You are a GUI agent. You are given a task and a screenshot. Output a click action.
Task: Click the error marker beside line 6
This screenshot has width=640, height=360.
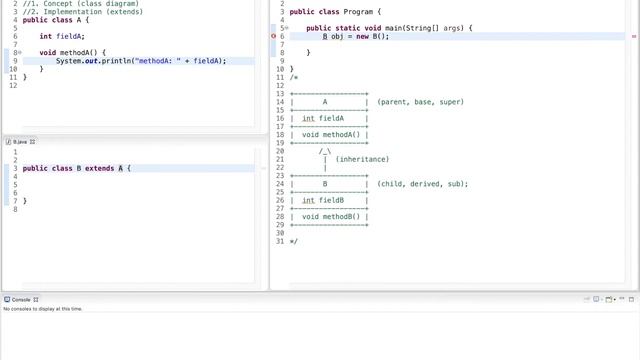coord(274,36)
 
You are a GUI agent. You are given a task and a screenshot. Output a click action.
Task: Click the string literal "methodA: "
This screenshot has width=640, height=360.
coord(167,61)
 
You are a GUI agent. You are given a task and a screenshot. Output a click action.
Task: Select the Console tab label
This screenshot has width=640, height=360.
coord(21,300)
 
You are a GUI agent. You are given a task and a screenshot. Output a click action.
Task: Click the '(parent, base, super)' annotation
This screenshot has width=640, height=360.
coord(421,102)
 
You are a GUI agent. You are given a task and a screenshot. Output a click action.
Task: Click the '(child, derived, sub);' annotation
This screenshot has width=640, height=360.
coord(423,184)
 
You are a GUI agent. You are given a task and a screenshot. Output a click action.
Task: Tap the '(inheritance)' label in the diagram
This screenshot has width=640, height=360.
coord(362,159)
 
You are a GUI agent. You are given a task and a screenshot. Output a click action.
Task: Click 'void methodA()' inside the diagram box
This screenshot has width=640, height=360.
coord(330,134)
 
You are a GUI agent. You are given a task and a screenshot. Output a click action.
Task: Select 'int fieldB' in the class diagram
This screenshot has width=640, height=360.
coord(323,200)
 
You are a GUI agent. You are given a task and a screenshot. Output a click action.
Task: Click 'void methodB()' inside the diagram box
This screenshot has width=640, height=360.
coord(330,216)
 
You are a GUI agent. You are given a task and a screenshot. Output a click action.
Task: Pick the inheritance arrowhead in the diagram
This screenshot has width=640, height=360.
coord(325,151)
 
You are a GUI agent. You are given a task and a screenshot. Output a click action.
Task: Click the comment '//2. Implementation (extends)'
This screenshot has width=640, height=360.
coord(62,11)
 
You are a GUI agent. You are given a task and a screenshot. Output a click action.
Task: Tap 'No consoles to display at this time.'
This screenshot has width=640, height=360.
coord(43,309)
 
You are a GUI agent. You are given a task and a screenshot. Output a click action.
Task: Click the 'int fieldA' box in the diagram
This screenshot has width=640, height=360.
coord(323,118)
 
